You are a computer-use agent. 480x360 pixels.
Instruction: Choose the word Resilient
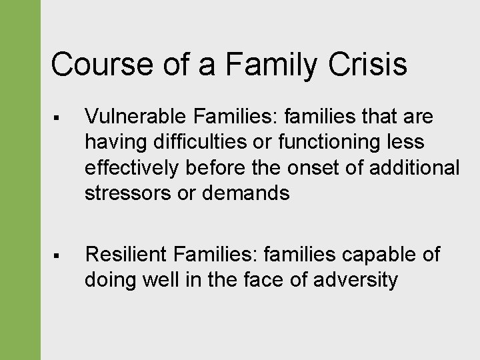coord(126,254)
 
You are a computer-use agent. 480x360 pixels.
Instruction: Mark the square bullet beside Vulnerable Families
coord(59,118)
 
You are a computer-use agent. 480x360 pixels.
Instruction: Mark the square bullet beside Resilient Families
coord(59,255)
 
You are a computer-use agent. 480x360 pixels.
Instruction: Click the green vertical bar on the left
coord(20,180)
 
